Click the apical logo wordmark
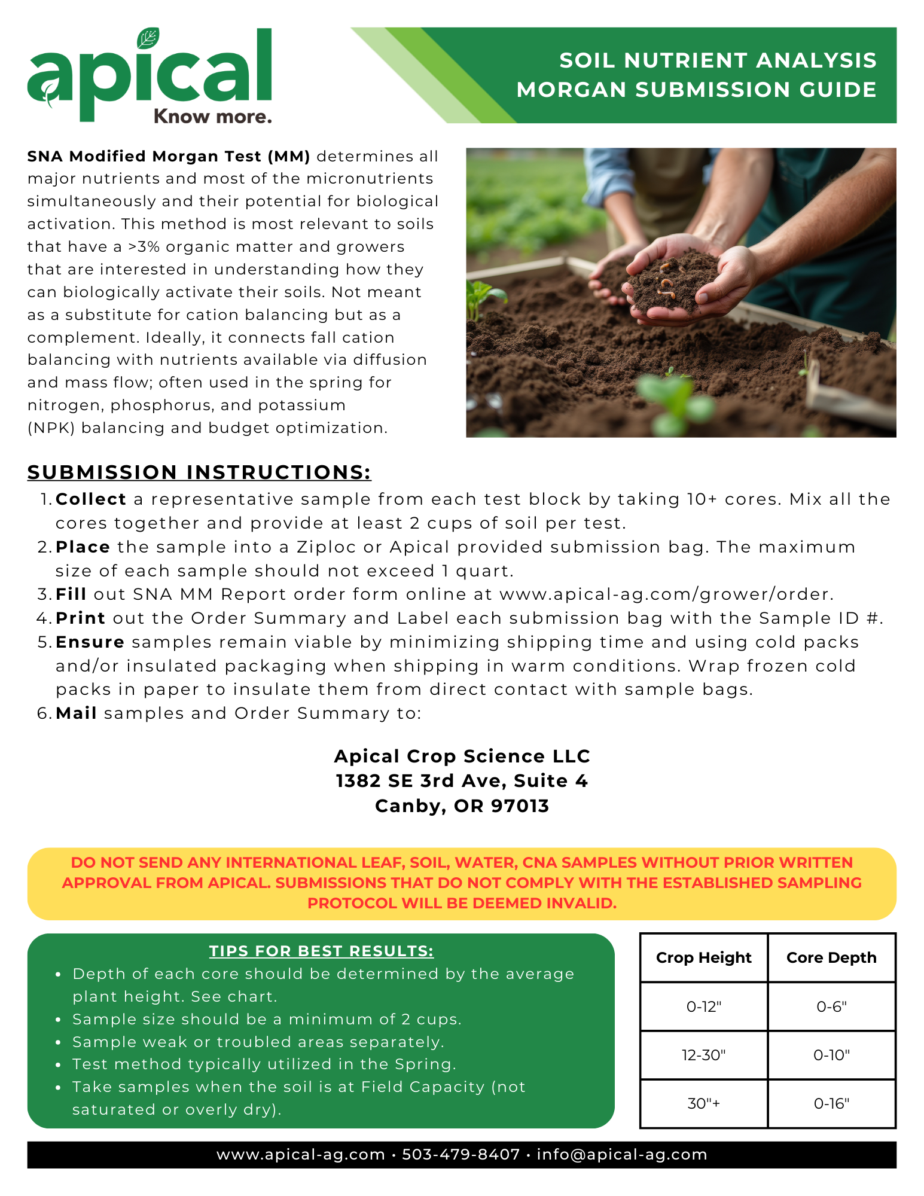[150, 75]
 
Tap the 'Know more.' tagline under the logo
[212, 116]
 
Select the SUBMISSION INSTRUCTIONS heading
[199, 472]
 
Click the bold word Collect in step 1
[91, 499]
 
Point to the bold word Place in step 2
[83, 547]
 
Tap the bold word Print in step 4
[80, 618]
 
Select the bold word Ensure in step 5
[90, 642]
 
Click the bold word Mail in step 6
[76, 713]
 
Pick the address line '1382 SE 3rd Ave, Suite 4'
[462, 781]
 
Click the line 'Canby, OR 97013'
[462, 806]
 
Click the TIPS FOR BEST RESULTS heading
[321, 951]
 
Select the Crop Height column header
[703, 958]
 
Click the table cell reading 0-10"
[831, 1055]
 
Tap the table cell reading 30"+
[703, 1103]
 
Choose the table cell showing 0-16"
[831, 1103]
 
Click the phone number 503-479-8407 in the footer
[461, 1154]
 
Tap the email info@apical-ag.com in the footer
[622, 1154]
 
